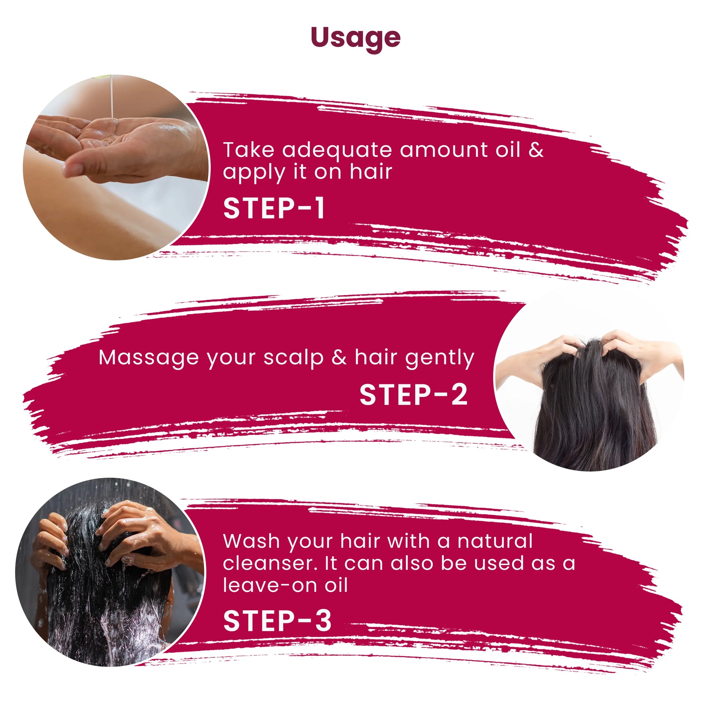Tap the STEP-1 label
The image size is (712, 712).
(x=274, y=209)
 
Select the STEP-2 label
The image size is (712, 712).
(x=413, y=395)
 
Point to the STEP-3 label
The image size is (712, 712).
(x=277, y=621)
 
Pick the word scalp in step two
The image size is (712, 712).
(x=293, y=358)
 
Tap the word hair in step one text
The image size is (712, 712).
(x=371, y=172)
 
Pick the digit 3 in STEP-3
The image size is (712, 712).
(x=323, y=621)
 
